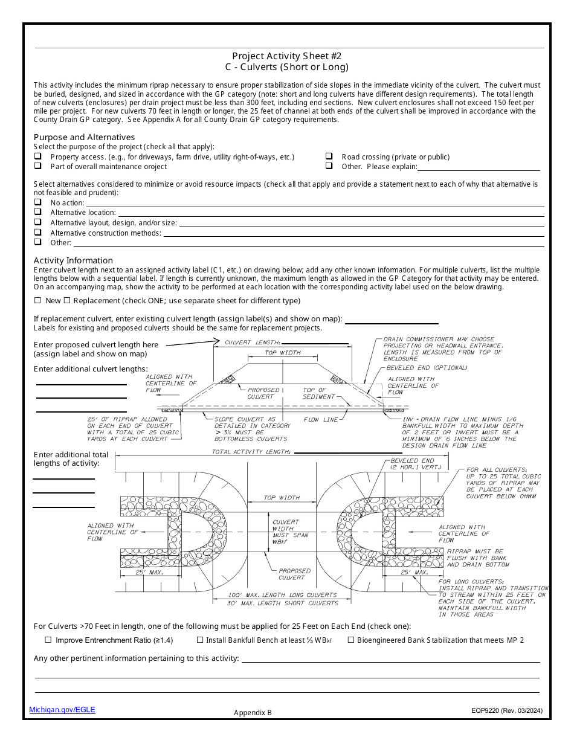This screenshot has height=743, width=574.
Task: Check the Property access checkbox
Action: [37, 156]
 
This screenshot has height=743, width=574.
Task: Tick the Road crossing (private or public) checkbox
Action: [329, 156]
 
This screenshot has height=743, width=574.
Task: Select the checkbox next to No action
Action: [37, 202]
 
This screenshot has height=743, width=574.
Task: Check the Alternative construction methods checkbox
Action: [37, 232]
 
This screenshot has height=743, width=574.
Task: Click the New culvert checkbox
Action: [37, 300]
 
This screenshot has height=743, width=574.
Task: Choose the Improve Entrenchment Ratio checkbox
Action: [48, 640]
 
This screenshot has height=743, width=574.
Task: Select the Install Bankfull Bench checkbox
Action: [200, 640]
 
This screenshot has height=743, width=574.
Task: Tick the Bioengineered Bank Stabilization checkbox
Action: [351, 640]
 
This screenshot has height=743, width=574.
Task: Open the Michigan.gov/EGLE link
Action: [62, 710]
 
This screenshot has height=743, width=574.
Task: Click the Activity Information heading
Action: [73, 260]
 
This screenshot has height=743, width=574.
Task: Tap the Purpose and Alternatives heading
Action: [84, 137]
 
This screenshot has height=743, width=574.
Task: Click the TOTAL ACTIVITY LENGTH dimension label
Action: [252, 452]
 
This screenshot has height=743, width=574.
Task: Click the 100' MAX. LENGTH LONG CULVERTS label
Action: [282, 595]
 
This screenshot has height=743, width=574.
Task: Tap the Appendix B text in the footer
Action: [253, 712]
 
